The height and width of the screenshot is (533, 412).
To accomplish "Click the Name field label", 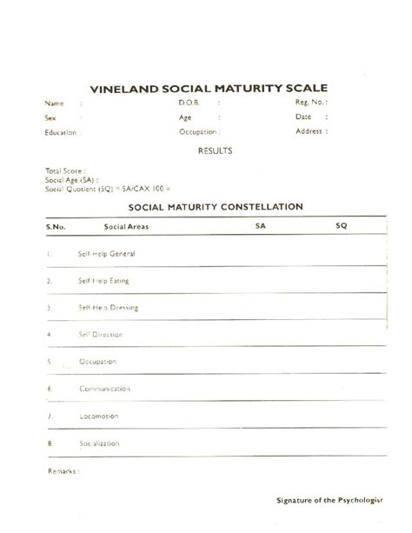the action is pos(54,103).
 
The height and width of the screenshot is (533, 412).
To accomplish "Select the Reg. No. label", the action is pos(309,103).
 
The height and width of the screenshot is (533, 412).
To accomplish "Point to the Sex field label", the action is pos(50,117).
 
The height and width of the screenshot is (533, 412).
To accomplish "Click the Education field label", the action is pos(61,132).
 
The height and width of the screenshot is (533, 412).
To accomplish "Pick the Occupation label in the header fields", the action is pos(198,132).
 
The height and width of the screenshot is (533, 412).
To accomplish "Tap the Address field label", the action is pos(309,132).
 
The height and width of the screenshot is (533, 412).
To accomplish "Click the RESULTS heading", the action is pos(214,150).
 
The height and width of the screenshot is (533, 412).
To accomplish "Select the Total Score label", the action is pos(63,170).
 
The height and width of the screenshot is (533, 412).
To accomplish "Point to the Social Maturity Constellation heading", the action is pos(215,207).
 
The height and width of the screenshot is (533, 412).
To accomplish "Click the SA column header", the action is pos(260,226).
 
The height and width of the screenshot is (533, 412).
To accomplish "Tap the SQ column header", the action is pos(341,226).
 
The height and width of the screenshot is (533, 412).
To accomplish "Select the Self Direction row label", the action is pos(102,334).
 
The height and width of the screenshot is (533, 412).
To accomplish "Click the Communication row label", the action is pos(105,388).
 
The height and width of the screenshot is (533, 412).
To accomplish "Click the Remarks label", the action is pos(63,470).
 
